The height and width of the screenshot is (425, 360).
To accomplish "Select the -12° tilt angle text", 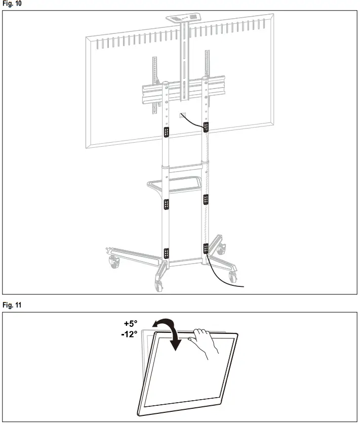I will click(x=129, y=334).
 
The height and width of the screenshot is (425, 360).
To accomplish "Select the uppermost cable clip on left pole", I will click(x=166, y=132).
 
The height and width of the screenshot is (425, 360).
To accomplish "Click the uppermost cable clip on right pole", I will click(x=207, y=126).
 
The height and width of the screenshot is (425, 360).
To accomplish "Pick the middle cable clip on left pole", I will click(x=166, y=204).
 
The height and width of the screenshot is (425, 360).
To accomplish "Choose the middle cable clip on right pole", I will click(x=206, y=199).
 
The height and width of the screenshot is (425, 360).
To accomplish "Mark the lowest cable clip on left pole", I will click(x=166, y=252).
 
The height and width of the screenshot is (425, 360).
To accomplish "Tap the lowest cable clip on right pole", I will click(x=206, y=248).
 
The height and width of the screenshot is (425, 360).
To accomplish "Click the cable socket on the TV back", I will click(x=182, y=116).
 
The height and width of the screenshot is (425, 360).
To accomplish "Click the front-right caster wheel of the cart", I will click(x=233, y=276).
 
